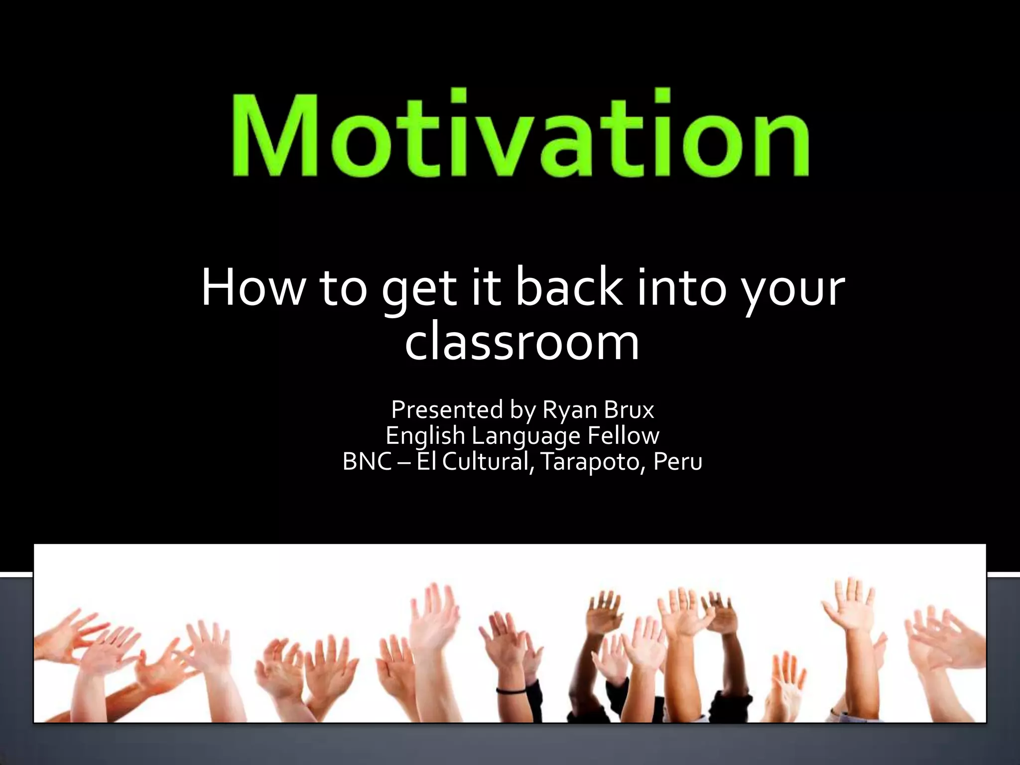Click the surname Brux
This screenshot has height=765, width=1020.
click(629, 410)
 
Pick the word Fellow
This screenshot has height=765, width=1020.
click(623, 436)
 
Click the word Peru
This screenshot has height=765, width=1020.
click(677, 462)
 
